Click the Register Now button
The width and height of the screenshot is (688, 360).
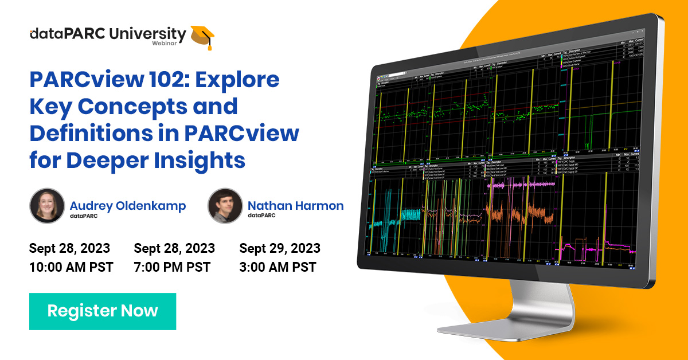coord(103,311)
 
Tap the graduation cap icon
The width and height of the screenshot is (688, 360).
coord(203,36)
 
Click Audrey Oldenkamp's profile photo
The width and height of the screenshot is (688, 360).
coord(46,205)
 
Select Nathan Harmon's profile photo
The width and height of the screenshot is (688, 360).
coord(225,205)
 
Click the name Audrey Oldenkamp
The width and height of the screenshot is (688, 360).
coord(127,206)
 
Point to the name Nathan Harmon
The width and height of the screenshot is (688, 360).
coord(295,206)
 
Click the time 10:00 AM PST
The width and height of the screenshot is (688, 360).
coord(71,267)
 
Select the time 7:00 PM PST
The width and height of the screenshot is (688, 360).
coord(172,267)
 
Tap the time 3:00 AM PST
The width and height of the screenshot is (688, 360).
coord(277,267)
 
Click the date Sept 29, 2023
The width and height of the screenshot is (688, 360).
coord(280,248)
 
